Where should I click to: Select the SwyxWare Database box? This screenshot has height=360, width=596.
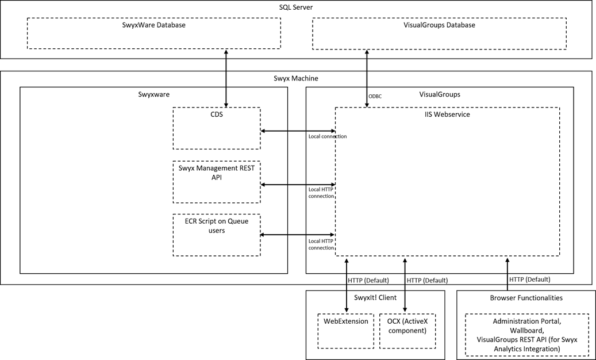pyautogui.click(x=154, y=33)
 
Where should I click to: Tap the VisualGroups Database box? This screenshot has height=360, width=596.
pyautogui.click(x=439, y=33)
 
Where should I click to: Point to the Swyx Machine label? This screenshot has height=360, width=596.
pyautogui.click(x=295, y=78)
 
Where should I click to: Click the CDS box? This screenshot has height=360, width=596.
pyautogui.click(x=217, y=128)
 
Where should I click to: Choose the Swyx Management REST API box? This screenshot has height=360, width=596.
pyautogui.click(x=217, y=182)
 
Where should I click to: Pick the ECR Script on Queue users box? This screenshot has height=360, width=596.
pyautogui.click(x=217, y=235)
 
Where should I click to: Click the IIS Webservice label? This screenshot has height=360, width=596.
pyautogui.click(x=447, y=114)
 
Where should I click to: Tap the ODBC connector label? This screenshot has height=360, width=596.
pyautogui.click(x=375, y=96)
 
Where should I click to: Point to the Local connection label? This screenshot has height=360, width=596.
pyautogui.click(x=328, y=136)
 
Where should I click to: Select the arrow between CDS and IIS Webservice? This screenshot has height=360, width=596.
pyautogui.click(x=298, y=131)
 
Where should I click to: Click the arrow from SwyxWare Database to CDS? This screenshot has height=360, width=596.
pyautogui.click(x=226, y=78)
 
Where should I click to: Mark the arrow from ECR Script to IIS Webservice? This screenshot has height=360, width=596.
pyautogui.click(x=298, y=235)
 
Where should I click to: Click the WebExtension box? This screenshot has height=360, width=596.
pyautogui.click(x=345, y=331)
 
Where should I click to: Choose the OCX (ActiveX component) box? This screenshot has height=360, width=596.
pyautogui.click(x=406, y=331)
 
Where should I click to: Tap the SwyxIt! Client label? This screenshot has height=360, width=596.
pyautogui.click(x=375, y=298)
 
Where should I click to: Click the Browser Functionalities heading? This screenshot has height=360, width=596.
pyautogui.click(x=526, y=298)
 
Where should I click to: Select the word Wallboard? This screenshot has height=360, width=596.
pyautogui.click(x=526, y=331)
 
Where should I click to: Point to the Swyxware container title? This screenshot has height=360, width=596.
pyautogui.click(x=153, y=94)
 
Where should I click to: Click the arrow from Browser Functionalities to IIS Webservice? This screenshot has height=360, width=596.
pyautogui.click(x=507, y=273)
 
